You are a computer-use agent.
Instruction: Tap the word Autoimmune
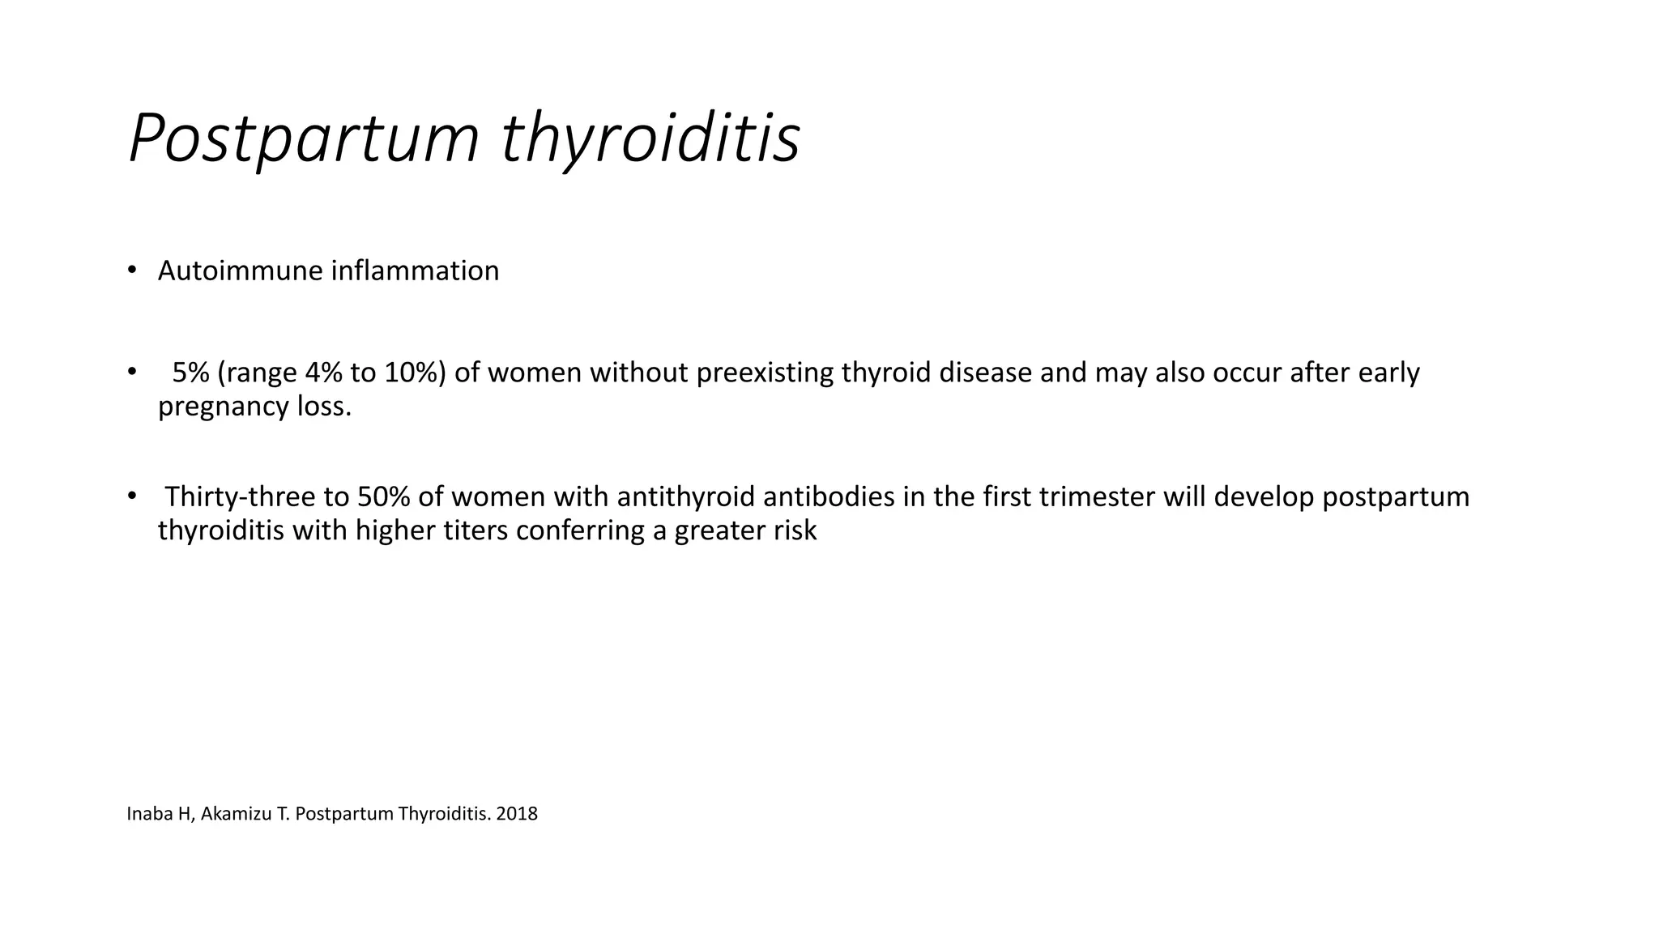[240, 271]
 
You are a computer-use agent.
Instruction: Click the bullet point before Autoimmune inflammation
[131, 270]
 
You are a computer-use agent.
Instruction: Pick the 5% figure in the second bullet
[190, 373]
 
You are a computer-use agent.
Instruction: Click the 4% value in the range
[324, 373]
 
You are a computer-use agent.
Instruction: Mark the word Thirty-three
[240, 496]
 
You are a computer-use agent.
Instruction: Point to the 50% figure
[383, 496]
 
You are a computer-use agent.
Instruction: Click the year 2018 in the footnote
[517, 814]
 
